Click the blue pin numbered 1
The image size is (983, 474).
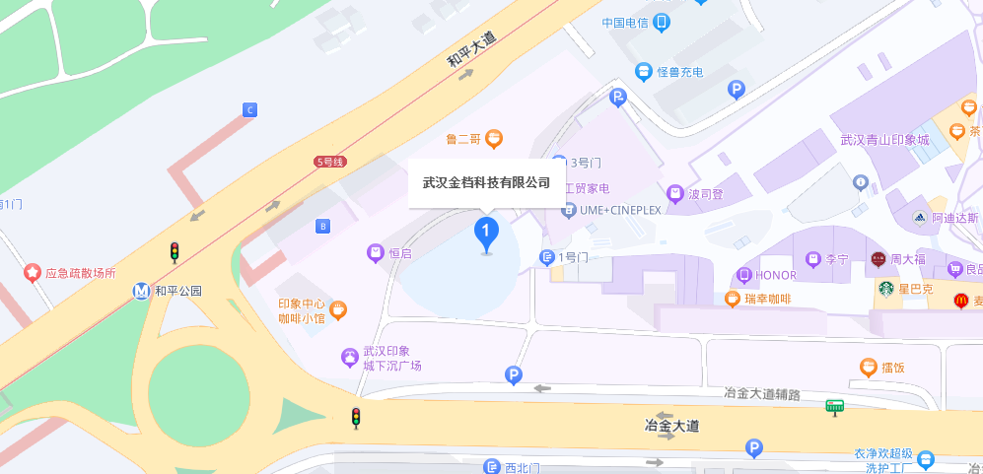(486, 233)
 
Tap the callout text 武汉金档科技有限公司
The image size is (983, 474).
(486, 182)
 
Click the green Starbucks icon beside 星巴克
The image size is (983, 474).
(886, 289)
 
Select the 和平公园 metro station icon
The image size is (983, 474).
(143, 291)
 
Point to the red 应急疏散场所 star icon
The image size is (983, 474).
(33, 272)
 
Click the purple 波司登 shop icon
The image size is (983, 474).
(675, 193)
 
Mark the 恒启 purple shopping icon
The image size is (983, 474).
(375, 253)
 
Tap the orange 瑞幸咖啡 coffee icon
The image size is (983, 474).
(733, 299)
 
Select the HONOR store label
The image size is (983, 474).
(775, 275)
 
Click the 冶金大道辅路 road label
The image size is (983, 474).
(761, 393)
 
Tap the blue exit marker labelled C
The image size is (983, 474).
(249, 110)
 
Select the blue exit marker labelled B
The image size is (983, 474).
(322, 227)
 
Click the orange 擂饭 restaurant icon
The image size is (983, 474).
(868, 368)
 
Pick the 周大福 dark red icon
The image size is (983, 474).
(878, 260)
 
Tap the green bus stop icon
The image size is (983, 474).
(834, 405)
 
